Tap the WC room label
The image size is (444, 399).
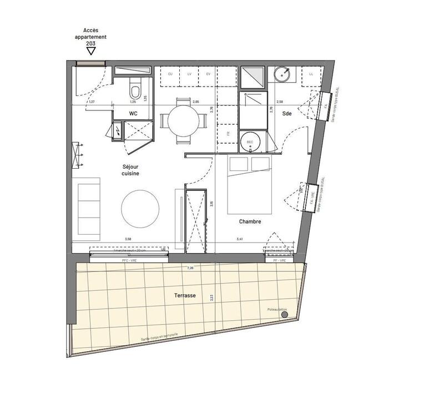[133, 113]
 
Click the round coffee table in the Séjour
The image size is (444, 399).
[140, 209]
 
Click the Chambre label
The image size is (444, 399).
[250, 221]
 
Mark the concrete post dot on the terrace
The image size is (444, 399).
[285, 315]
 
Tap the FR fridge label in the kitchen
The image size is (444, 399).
[228, 134]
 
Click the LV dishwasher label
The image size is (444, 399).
[189, 74]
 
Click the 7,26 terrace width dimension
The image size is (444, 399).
[190, 268]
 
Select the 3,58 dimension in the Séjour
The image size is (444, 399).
[128, 239]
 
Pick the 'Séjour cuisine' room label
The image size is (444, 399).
[131, 170]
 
